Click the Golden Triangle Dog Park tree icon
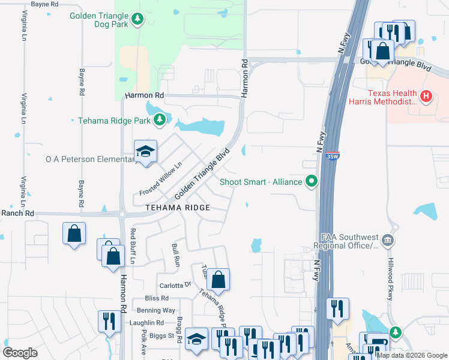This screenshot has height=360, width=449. (138, 20)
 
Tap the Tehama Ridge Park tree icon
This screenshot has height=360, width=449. (160, 121)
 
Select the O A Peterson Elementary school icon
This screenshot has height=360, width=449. (145, 154)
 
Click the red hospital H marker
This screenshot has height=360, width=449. (426, 96)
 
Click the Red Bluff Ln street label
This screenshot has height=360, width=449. (133, 247)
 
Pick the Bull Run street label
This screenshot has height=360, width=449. (176, 255)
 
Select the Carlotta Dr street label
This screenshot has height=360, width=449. (175, 285)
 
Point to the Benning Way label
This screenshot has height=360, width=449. (156, 310)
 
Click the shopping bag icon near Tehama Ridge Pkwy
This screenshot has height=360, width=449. (219, 279)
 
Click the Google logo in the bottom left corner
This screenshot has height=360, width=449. (20, 353)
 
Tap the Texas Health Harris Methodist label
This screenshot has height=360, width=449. (392, 98)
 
